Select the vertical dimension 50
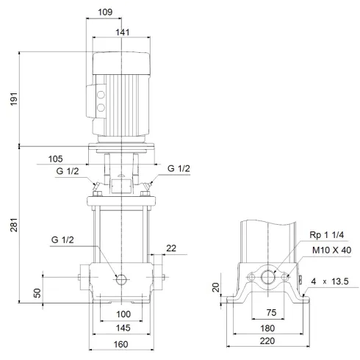(37, 293)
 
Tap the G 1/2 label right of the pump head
(179, 169)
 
